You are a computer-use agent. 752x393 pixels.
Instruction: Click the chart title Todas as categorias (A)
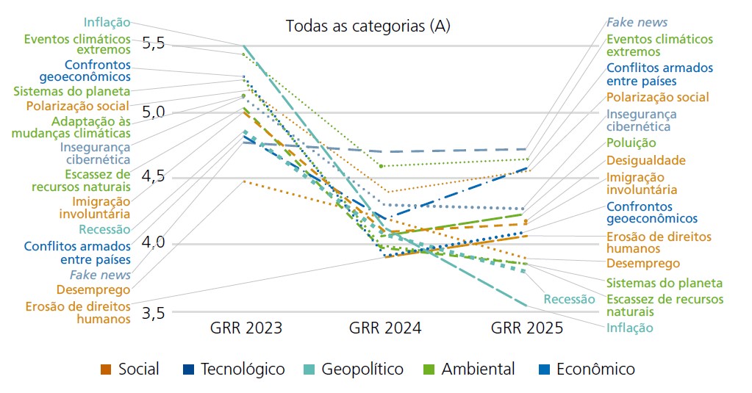[368, 26]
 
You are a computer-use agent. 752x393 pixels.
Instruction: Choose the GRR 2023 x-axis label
[246, 328]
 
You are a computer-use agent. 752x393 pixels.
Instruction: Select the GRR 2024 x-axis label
[385, 328]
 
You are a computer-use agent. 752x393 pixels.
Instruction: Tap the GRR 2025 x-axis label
[526, 328]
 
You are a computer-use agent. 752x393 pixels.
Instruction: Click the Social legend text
[138, 369]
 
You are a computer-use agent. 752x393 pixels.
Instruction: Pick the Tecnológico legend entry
[243, 369]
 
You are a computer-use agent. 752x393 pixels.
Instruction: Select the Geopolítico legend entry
[362, 369]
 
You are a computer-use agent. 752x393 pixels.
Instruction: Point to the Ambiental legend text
[478, 369]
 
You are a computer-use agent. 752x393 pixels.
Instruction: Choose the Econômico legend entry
[595, 369]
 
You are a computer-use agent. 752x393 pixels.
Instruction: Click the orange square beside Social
[106, 369]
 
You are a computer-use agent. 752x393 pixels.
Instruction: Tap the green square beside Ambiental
[429, 369]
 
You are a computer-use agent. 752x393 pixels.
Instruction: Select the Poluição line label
[631, 143]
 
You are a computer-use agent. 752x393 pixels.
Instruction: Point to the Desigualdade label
[645, 160]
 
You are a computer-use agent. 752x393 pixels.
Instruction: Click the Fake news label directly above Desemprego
[101, 275]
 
